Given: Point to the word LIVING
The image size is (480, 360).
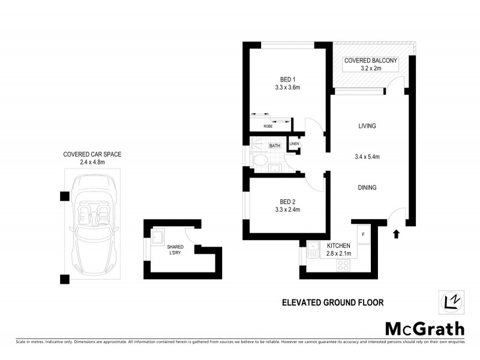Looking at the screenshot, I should pyautogui.click(x=367, y=126).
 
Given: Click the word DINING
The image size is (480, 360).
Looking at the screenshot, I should pyautogui.click(x=367, y=188).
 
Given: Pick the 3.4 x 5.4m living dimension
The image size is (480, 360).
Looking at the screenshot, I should pyautogui.click(x=367, y=157).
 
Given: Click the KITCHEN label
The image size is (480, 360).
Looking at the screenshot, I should pyautogui.click(x=338, y=245).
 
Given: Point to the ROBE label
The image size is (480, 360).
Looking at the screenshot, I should pyautogui.click(x=268, y=127).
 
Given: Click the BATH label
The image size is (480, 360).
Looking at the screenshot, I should pyautogui.click(x=275, y=146).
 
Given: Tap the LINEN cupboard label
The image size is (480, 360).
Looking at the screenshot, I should pyautogui.click(x=294, y=144).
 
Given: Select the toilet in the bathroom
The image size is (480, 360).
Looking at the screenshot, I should pyautogui.click(x=260, y=161).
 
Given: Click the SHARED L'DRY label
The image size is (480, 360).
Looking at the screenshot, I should pyautogui.click(x=175, y=250).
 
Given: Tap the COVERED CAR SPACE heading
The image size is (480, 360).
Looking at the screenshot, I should pyautogui.click(x=92, y=154).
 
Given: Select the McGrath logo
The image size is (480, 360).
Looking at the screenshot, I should pyautogui.click(x=424, y=328).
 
